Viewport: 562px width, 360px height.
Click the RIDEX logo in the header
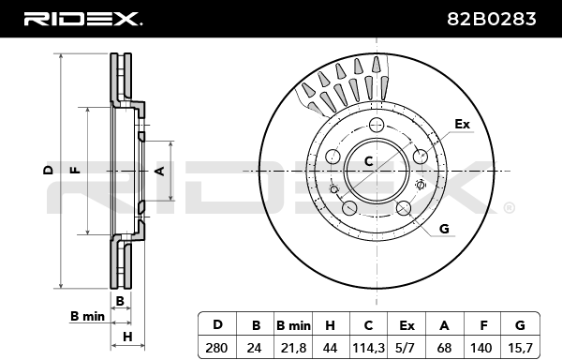(82, 19)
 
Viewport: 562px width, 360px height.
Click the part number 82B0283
(492, 19)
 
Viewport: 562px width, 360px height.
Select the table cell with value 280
(216, 348)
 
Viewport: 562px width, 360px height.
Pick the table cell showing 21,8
(293, 348)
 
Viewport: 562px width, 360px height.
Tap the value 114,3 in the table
(368, 348)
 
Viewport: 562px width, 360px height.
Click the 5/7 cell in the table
(407, 348)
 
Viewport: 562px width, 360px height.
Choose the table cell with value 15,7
(520, 348)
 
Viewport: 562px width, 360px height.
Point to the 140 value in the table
(481, 348)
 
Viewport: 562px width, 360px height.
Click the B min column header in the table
(293, 325)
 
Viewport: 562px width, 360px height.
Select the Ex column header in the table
(407, 325)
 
